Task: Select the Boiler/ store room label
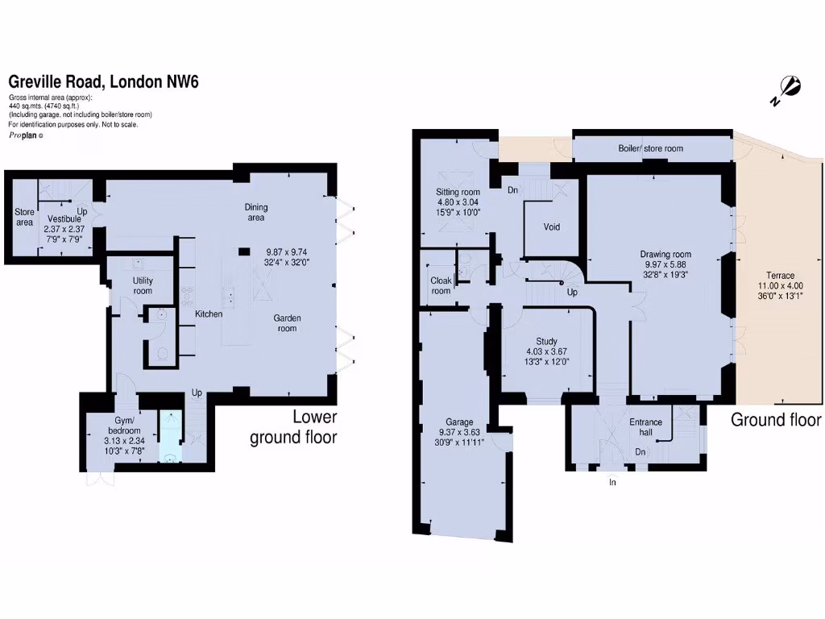(650, 148)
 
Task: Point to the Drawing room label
(665, 255)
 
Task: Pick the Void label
(551, 227)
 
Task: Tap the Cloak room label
(441, 286)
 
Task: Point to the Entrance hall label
(645, 427)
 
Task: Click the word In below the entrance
(612, 483)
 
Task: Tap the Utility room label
(143, 285)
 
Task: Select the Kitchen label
(209, 314)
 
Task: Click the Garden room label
(287, 322)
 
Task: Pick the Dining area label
(256, 212)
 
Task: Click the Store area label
(24, 217)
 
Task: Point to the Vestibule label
(64, 218)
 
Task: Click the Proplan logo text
(23, 135)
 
